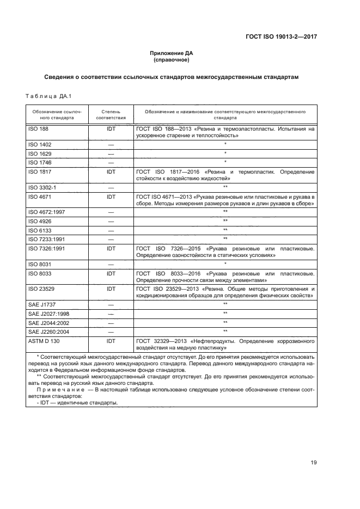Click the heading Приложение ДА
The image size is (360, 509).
(x=172, y=53)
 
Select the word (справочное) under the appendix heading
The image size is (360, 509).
(x=172, y=60)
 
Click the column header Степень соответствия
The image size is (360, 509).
(x=111, y=114)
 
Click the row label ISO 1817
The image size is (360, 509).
(x=39, y=171)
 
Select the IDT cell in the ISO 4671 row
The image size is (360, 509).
(x=111, y=196)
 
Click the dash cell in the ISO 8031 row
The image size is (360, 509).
(x=111, y=264)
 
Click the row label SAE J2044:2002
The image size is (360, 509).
(x=47, y=323)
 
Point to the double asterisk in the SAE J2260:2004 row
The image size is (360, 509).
(x=225, y=331)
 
